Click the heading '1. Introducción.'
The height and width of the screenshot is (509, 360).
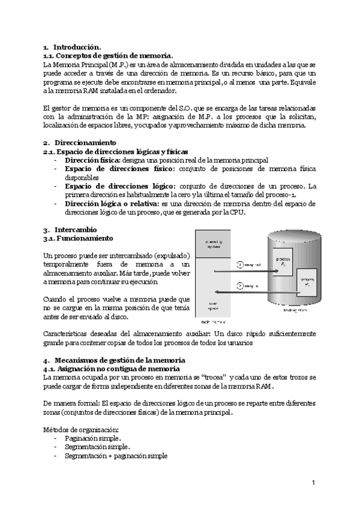tap(72, 47)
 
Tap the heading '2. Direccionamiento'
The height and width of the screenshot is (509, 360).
tap(79, 143)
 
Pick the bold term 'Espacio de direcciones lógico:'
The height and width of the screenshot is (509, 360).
tap(121, 186)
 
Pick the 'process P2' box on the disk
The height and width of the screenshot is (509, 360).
tap(307, 282)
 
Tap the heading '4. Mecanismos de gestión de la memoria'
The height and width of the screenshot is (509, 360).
tap(114, 360)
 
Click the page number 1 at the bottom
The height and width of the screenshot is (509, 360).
tap(313, 483)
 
